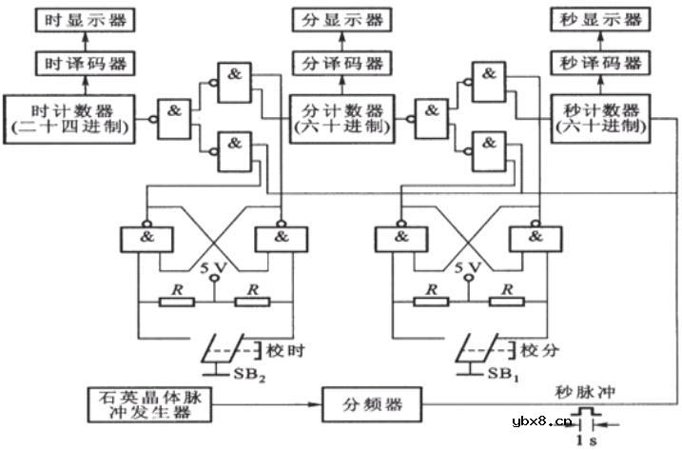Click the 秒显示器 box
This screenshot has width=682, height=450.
(x=598, y=18)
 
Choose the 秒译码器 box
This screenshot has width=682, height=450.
(x=598, y=65)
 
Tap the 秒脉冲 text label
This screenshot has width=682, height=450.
(x=582, y=389)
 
